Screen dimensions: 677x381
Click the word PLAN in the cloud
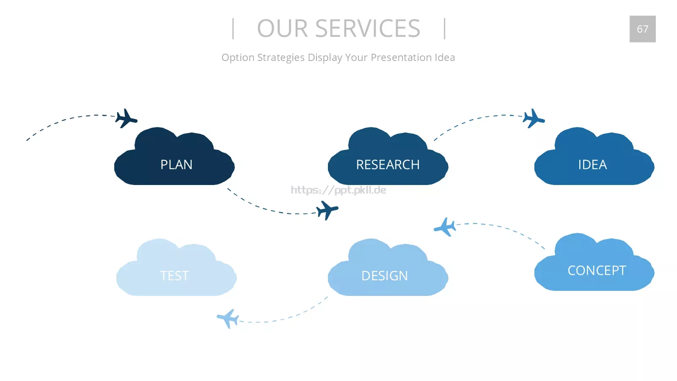176,165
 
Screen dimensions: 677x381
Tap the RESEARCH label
388,165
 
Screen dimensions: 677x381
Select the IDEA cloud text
592,165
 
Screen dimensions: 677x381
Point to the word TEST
174,276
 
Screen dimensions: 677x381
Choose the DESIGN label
385,276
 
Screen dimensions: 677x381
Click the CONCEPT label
597,271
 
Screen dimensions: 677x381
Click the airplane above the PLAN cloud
127,119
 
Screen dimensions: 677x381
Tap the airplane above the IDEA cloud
534,119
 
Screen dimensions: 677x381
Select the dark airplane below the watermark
327,210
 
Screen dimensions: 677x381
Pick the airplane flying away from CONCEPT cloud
445,227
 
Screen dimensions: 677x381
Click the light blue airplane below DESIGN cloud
228,319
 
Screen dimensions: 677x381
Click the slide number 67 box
643,29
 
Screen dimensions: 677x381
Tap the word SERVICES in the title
368,28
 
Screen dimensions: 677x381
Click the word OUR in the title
282,28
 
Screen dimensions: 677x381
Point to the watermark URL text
338,190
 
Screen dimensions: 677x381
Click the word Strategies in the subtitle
281,58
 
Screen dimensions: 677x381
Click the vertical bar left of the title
233,29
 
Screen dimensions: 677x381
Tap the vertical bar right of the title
445,29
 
